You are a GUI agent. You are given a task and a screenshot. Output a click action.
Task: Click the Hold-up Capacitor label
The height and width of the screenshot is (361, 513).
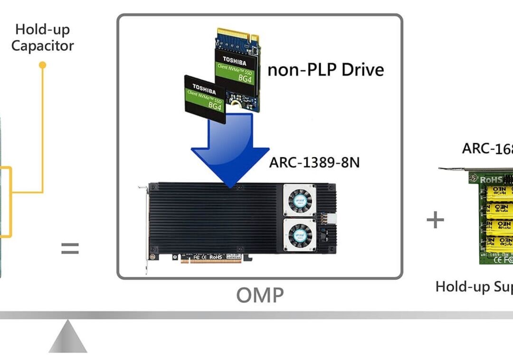43,38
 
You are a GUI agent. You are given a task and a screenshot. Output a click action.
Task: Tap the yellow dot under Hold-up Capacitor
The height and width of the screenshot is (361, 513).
42,65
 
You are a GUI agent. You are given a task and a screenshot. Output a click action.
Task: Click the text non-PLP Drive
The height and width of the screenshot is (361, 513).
325,70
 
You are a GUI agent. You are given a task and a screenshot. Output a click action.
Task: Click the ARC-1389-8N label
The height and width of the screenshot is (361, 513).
314,162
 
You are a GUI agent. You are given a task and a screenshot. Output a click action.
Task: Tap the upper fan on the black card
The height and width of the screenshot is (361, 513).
299,199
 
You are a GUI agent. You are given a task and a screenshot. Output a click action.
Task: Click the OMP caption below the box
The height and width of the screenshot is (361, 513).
260,295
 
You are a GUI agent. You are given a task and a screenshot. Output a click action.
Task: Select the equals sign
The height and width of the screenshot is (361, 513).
70,248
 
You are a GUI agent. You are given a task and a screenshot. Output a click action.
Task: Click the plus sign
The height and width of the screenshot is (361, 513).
435,220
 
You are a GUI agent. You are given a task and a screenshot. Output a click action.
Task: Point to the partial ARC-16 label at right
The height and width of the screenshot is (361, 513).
487,148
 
